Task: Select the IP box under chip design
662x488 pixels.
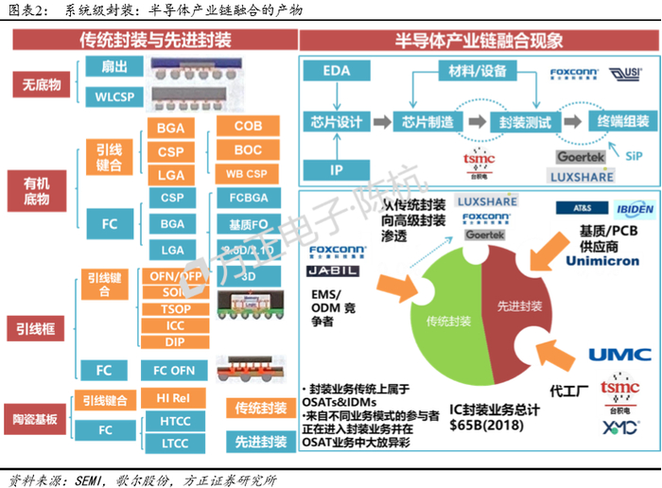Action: pos(337,171)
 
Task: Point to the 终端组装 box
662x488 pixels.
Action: pos(618,122)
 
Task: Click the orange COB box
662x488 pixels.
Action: pos(247,126)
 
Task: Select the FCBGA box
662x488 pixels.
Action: pos(247,199)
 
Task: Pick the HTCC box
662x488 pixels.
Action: pos(175,421)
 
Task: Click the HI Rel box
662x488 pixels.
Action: pos(175,398)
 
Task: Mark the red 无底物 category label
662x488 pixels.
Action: pos(42,85)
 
